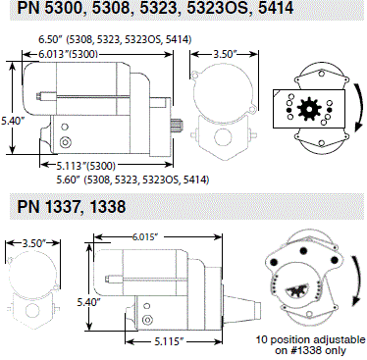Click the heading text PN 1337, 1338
[x=72, y=207]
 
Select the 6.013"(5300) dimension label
[x=69, y=54]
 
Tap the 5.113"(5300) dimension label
[x=86, y=166]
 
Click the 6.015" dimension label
[x=145, y=236]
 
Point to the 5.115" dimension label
[x=170, y=342]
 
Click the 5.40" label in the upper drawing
[x=13, y=121]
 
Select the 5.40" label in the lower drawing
[x=88, y=302]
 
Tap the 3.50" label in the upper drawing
[x=225, y=54]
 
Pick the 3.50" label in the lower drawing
[x=33, y=243]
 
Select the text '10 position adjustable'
[x=310, y=339]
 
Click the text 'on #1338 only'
[x=310, y=351]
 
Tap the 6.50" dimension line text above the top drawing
[x=115, y=39]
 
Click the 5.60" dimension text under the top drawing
[x=132, y=180]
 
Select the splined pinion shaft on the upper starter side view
[x=178, y=125]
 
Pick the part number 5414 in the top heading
[x=276, y=8]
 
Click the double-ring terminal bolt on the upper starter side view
[x=65, y=142]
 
